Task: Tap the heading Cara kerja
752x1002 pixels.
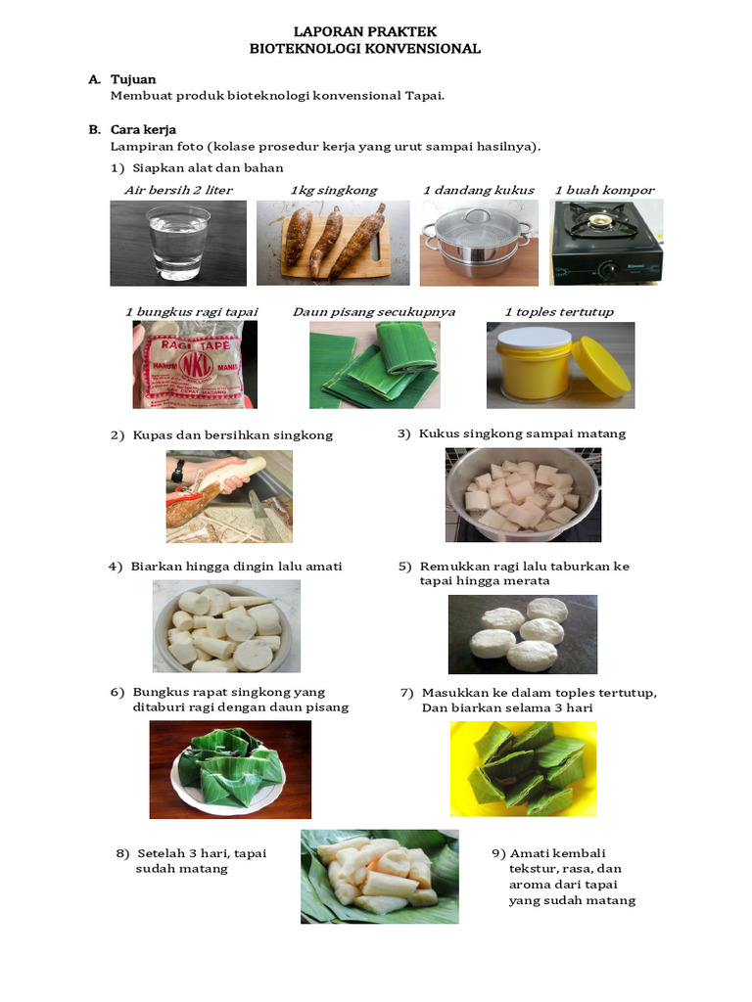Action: coord(143,129)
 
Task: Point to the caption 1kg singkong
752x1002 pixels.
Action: coord(333,190)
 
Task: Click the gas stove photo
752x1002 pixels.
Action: coord(605,242)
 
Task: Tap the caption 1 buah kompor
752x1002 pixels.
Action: coord(604,190)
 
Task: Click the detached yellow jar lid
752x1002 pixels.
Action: coord(600,366)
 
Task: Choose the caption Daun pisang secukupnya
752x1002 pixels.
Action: coord(373,312)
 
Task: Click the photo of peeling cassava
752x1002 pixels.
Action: coord(228,496)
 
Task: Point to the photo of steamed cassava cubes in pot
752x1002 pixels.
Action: coord(523,495)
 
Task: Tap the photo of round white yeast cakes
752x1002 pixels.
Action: coord(522,634)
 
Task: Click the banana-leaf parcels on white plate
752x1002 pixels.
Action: coord(229,769)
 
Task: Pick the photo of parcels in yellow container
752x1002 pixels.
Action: coord(523,769)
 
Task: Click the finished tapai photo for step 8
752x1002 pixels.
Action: coord(379,877)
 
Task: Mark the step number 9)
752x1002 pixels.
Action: coord(498,853)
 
